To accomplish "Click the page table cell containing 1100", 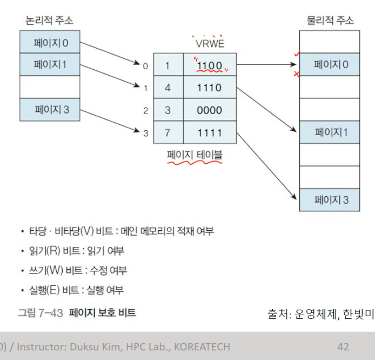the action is click(x=209, y=66).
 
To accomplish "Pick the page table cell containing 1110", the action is click(x=209, y=88).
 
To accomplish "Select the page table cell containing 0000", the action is click(x=209, y=110).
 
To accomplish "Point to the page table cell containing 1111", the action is click(x=209, y=132).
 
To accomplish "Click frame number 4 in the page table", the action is click(x=168, y=88).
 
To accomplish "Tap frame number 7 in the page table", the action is click(x=168, y=132).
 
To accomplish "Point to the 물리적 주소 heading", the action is click(x=330, y=21).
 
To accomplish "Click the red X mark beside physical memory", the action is click(x=296, y=74).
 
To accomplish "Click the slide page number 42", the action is click(x=343, y=346).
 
